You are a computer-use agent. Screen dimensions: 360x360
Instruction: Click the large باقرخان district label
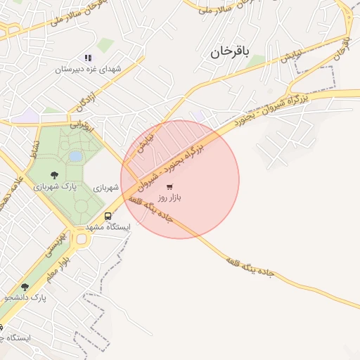[x=229, y=51]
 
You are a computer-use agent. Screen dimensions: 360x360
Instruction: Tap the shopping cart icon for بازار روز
[x=170, y=187]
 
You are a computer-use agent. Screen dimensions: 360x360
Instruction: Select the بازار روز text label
[x=169, y=198]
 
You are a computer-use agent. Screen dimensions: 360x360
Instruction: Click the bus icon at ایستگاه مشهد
[x=108, y=217]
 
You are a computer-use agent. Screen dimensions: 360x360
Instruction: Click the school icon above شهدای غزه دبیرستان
[x=88, y=58]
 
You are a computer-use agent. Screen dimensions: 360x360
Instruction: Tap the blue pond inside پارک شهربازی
[x=75, y=156]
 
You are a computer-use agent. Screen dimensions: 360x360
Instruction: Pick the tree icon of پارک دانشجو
[x=25, y=287]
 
